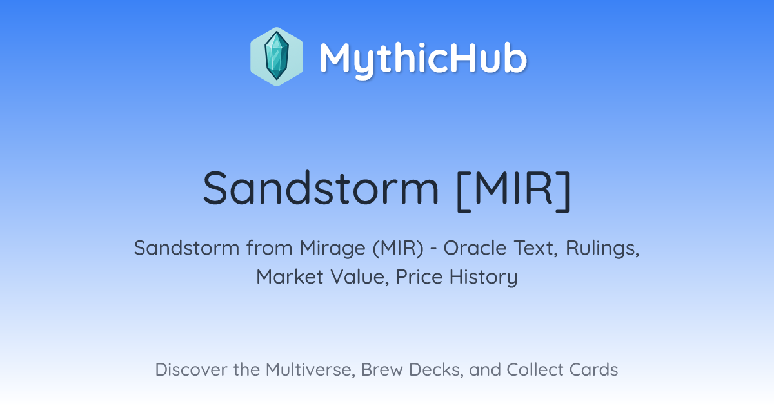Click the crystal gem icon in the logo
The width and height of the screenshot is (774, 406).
tap(277, 57)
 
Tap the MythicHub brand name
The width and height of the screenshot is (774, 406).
tap(423, 59)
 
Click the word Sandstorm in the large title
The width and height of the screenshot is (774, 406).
tap(321, 188)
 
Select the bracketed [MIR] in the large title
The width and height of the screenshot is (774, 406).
tap(513, 190)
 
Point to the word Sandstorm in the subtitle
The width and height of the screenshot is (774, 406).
tap(186, 248)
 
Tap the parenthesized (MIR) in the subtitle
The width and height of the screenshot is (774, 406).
tap(398, 249)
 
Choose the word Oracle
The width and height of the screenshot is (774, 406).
tap(475, 248)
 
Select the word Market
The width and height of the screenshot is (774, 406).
tap(290, 277)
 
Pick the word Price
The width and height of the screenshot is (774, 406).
tap(419, 277)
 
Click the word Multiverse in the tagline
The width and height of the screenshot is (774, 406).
tap(310, 370)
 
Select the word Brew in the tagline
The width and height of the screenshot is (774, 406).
tap(382, 369)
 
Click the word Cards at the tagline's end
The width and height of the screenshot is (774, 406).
tap(593, 369)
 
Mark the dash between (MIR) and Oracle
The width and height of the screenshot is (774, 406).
tap(433, 249)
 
